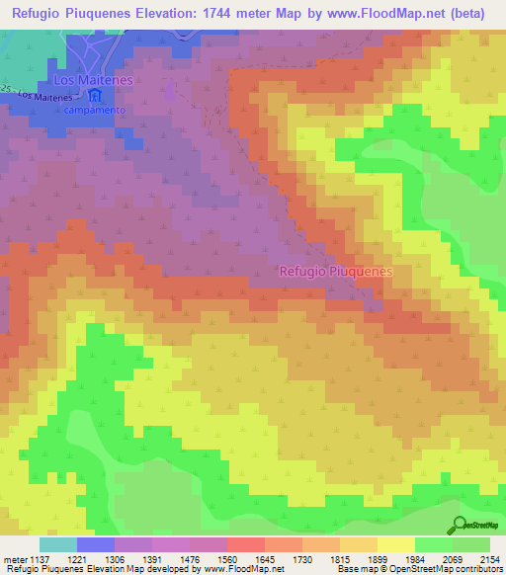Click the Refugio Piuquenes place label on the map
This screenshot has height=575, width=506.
(336, 270)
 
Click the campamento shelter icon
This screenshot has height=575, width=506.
(96, 97)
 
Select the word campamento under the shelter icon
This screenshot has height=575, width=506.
(96, 111)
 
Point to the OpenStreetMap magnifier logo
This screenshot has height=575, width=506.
(460, 525)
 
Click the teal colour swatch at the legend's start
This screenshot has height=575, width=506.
(57, 543)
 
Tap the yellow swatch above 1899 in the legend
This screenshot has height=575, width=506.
(395, 543)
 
